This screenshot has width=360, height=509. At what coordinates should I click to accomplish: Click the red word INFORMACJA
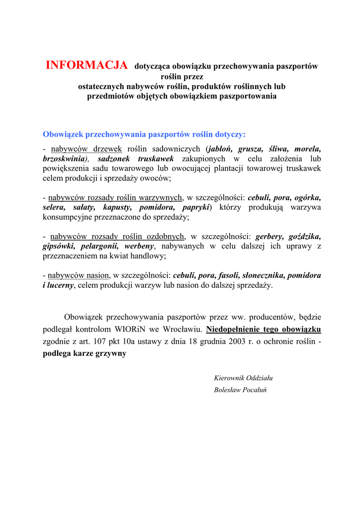[87, 65]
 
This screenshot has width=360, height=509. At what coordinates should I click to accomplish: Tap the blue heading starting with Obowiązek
[144, 134]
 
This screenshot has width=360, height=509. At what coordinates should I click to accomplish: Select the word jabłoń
[220, 149]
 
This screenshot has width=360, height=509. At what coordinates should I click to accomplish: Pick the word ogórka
[305, 197]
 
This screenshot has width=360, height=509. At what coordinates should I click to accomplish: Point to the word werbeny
[139, 246]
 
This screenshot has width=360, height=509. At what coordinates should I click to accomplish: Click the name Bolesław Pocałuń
[241, 390]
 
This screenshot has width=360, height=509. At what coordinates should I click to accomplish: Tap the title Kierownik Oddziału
[243, 378]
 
